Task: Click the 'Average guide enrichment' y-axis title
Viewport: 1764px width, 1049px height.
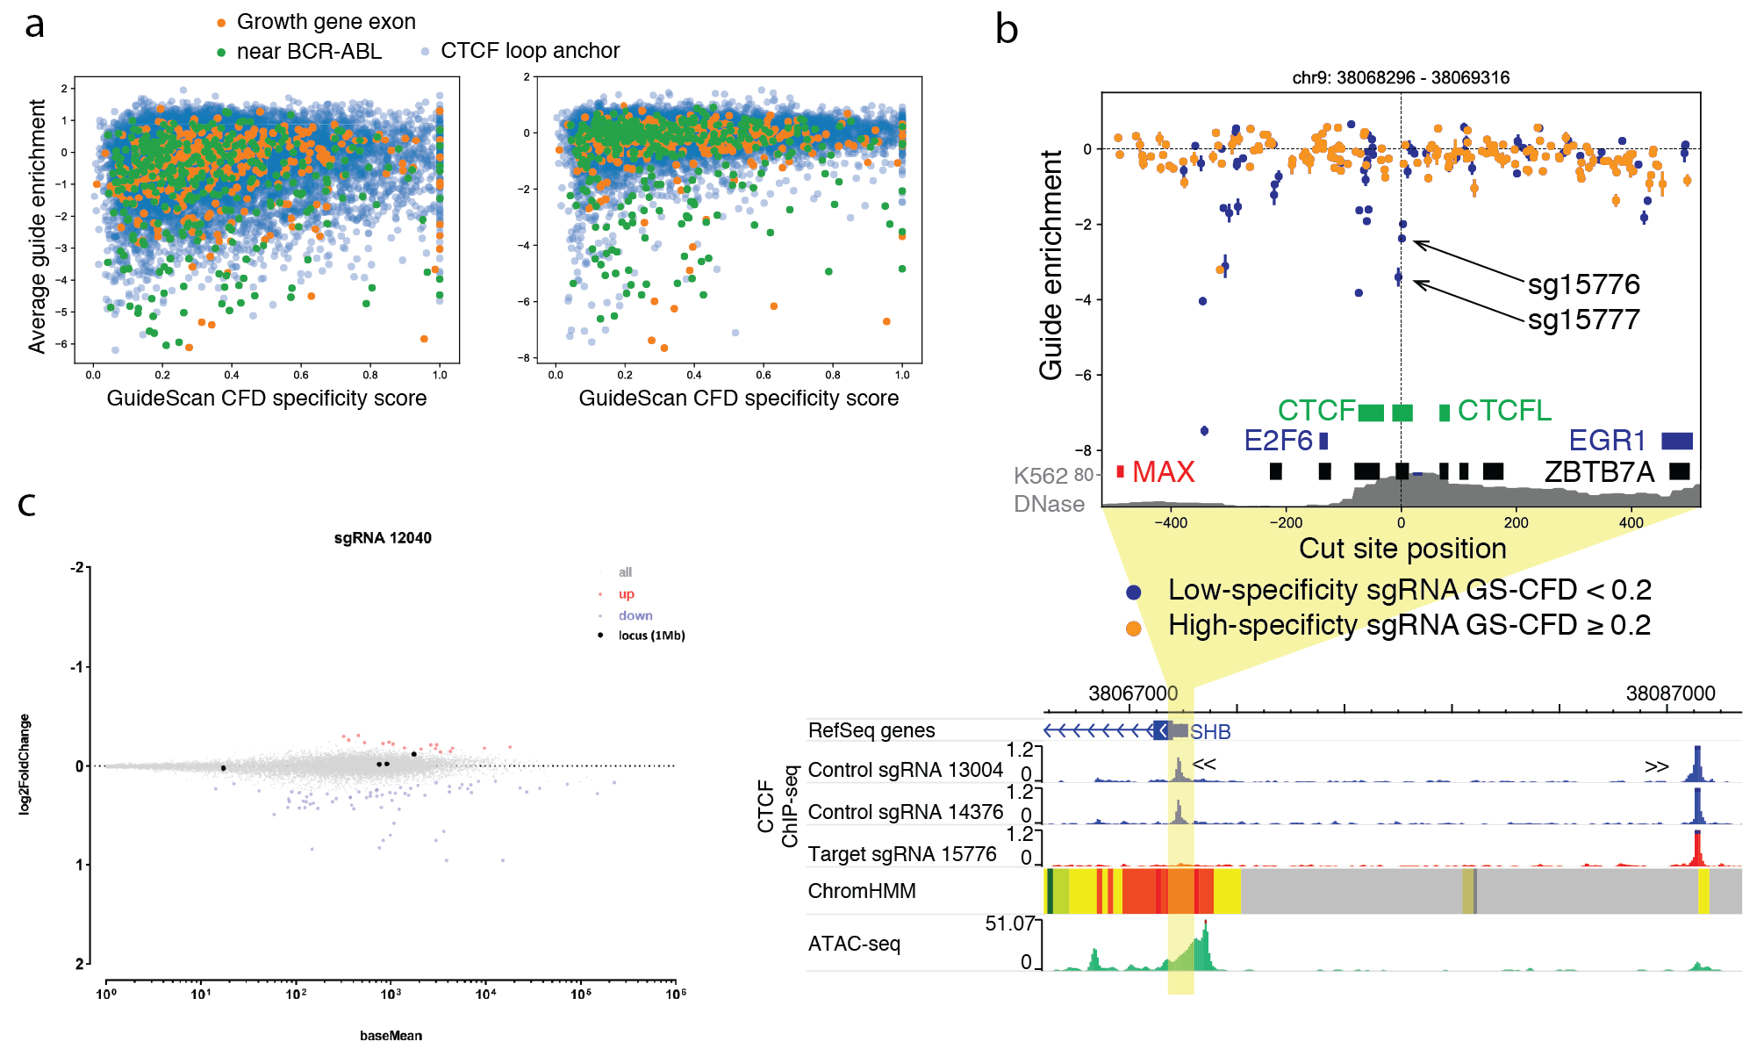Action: (x=37, y=226)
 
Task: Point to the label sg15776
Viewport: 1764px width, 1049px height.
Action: (x=1583, y=284)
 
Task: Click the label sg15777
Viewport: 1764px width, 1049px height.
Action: (x=1583, y=320)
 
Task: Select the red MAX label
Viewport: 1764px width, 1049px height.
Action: (x=1163, y=472)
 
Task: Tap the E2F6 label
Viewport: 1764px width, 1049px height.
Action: (x=1278, y=440)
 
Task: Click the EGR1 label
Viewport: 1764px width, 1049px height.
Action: (x=1607, y=440)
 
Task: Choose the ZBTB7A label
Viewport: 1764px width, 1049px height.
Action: (x=1599, y=472)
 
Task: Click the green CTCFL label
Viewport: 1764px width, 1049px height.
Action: (x=1504, y=410)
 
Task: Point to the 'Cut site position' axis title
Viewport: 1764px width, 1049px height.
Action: (x=1402, y=549)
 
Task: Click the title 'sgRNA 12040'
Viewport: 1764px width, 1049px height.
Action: (x=383, y=538)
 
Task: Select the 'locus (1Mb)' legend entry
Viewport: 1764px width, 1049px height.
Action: (x=651, y=636)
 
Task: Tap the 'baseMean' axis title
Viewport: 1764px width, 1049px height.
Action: (x=391, y=1036)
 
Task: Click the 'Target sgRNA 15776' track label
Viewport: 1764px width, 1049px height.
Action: (x=902, y=854)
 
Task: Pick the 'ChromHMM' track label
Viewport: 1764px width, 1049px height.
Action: (x=862, y=891)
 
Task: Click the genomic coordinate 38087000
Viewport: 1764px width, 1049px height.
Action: (x=1670, y=693)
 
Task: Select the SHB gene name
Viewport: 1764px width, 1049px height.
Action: (x=1210, y=732)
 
